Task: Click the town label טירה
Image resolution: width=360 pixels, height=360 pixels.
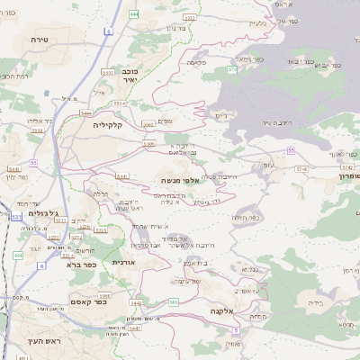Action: pos(39,40)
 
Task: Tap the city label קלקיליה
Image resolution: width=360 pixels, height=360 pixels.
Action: pos(113,125)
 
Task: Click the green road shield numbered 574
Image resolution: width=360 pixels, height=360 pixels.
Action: pos(232,68)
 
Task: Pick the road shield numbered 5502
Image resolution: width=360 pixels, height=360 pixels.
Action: pos(147,125)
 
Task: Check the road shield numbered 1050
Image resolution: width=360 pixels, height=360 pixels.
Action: pos(105,295)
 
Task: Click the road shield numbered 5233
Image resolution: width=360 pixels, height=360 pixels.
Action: pos(53,238)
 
